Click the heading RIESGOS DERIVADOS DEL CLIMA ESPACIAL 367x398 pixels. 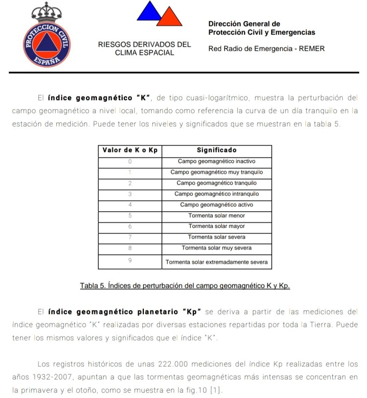coord(144,48)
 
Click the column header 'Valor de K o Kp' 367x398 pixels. coord(130,150)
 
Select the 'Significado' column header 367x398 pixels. coord(216,150)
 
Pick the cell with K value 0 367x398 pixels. coord(130,161)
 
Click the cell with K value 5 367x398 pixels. coord(130,216)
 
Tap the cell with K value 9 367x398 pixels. coord(130,261)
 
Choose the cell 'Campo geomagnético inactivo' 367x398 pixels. coord(216,161)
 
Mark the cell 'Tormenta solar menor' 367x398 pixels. coord(216,216)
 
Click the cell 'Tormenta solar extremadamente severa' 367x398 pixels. coord(216,262)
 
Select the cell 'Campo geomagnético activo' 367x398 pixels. coord(216,204)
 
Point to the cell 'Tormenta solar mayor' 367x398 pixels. coord(216,226)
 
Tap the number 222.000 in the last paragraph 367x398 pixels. coord(175,364)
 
